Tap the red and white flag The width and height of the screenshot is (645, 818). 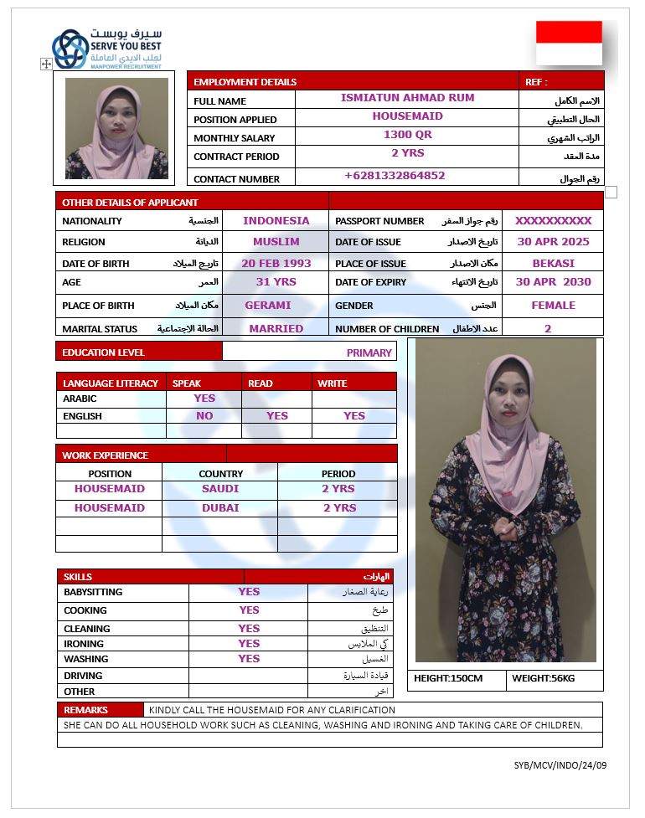[569, 44]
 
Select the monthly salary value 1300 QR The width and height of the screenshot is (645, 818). [407, 134]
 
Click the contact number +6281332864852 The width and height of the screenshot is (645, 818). [395, 176]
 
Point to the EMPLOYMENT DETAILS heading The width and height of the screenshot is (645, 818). [245, 82]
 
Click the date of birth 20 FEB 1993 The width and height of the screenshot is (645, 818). [276, 263]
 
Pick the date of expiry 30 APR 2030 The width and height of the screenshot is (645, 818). [553, 282]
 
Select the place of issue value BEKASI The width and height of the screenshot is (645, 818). [553, 263]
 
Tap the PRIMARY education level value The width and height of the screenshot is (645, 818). [369, 352]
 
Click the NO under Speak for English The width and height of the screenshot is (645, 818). [204, 415]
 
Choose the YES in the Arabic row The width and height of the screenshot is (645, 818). [204, 399]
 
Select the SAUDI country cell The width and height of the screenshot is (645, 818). [220, 489]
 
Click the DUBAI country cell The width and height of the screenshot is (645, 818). [220, 508]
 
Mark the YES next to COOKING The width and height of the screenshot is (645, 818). [249, 610]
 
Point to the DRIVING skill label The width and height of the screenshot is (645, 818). [83, 676]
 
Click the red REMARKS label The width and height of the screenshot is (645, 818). [86, 710]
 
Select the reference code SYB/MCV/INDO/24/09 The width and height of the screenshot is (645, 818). [560, 765]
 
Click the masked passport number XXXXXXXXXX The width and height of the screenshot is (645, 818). [553, 221]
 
